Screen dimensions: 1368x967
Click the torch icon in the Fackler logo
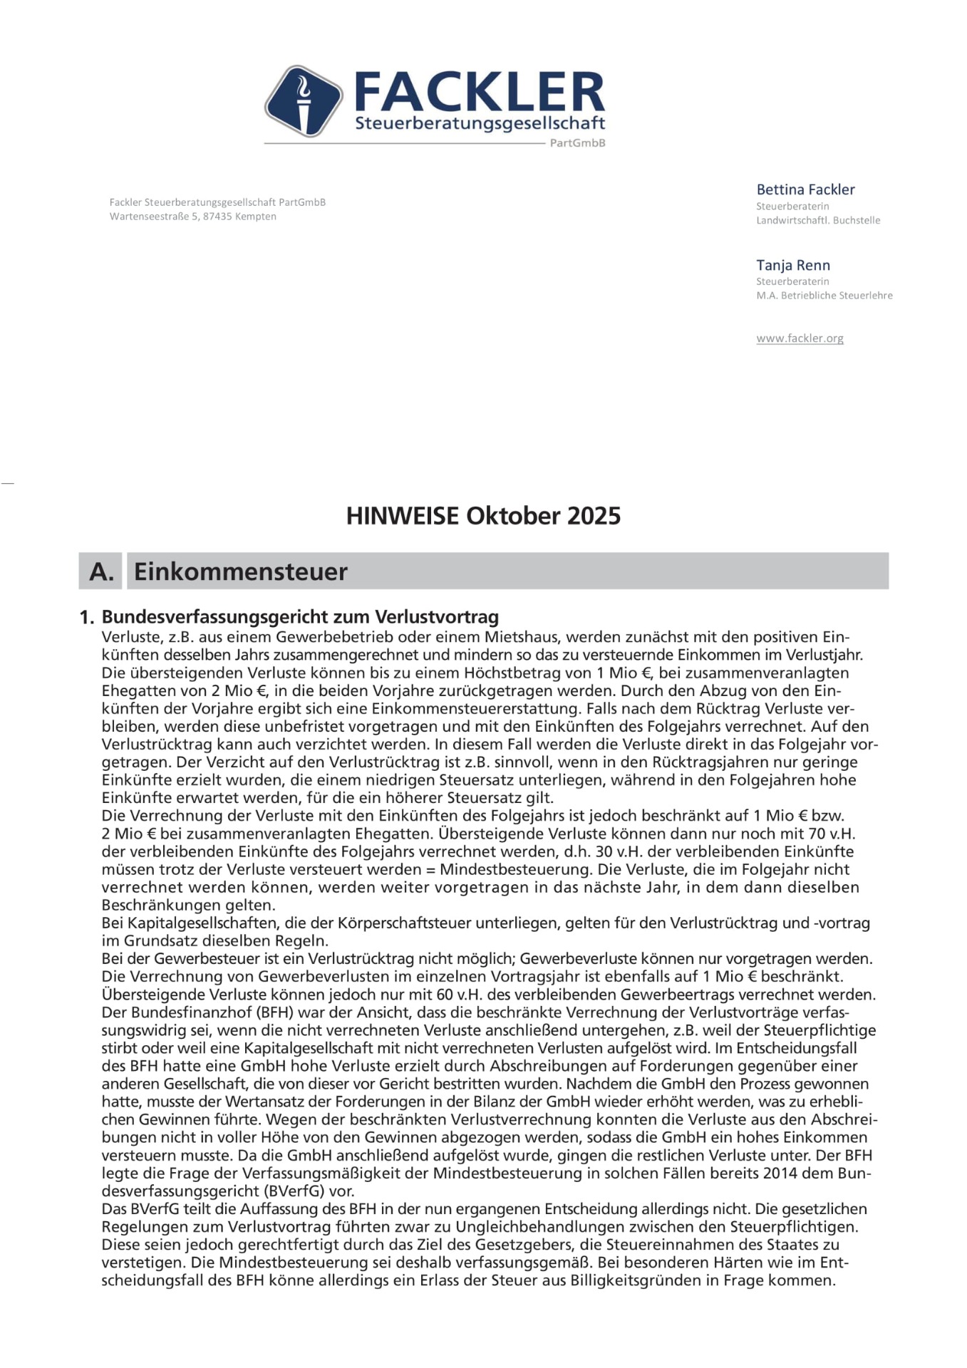click(304, 100)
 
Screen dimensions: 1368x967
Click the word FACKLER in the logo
click(479, 93)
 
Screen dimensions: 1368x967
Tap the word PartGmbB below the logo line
click(577, 142)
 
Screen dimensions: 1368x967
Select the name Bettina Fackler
click(805, 190)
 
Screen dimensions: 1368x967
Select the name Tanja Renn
click(793, 265)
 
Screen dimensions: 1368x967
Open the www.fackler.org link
click(800, 338)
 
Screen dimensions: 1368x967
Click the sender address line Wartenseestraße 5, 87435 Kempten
click(192, 217)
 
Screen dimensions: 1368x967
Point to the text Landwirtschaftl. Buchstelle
click(818, 220)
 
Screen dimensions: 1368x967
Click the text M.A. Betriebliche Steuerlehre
click(824, 295)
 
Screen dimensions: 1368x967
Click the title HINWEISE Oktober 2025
click(483, 516)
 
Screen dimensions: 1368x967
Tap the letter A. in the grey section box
click(101, 571)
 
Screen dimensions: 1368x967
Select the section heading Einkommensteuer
click(241, 571)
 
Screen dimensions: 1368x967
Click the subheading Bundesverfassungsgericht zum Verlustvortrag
click(300, 616)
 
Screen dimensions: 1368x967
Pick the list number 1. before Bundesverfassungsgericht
click(86, 617)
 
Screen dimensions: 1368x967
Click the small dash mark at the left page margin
click(7, 484)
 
